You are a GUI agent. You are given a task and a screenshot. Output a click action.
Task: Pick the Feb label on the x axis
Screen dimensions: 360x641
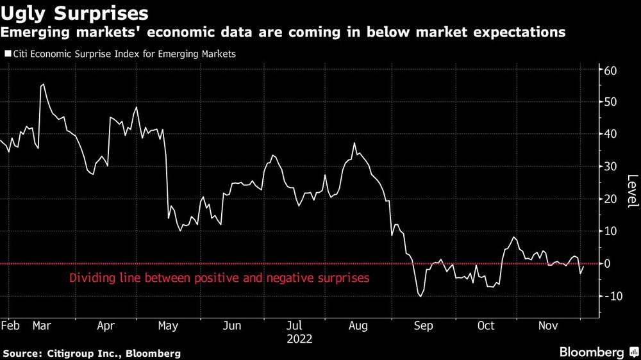tap(11, 325)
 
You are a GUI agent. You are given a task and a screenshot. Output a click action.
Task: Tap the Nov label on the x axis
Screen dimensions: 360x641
tap(547, 325)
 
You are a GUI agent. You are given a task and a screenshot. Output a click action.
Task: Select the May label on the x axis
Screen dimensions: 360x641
tap(168, 325)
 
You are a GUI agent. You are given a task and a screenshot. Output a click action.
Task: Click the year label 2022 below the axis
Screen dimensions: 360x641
tap(299, 338)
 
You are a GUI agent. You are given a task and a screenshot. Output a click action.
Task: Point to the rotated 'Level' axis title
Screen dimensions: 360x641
tap(632, 191)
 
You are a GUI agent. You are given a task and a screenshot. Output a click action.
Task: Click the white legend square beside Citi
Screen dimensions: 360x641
tap(7, 54)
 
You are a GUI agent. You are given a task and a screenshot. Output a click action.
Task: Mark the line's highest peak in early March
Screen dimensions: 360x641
tap(43, 84)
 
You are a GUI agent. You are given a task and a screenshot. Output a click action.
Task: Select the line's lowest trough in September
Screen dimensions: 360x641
tap(420, 297)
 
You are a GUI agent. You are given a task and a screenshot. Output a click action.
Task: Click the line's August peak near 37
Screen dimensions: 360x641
tap(354, 143)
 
